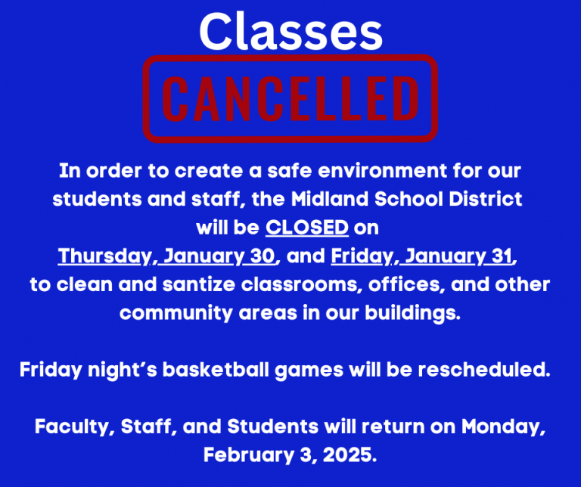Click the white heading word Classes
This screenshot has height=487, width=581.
point(290,31)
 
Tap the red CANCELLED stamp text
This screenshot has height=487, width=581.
point(290,98)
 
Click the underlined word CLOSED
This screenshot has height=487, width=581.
point(307,228)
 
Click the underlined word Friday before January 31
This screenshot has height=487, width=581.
point(362,256)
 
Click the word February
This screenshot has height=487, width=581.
point(249,455)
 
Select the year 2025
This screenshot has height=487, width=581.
point(350,454)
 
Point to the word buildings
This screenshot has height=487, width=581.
point(412,313)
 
